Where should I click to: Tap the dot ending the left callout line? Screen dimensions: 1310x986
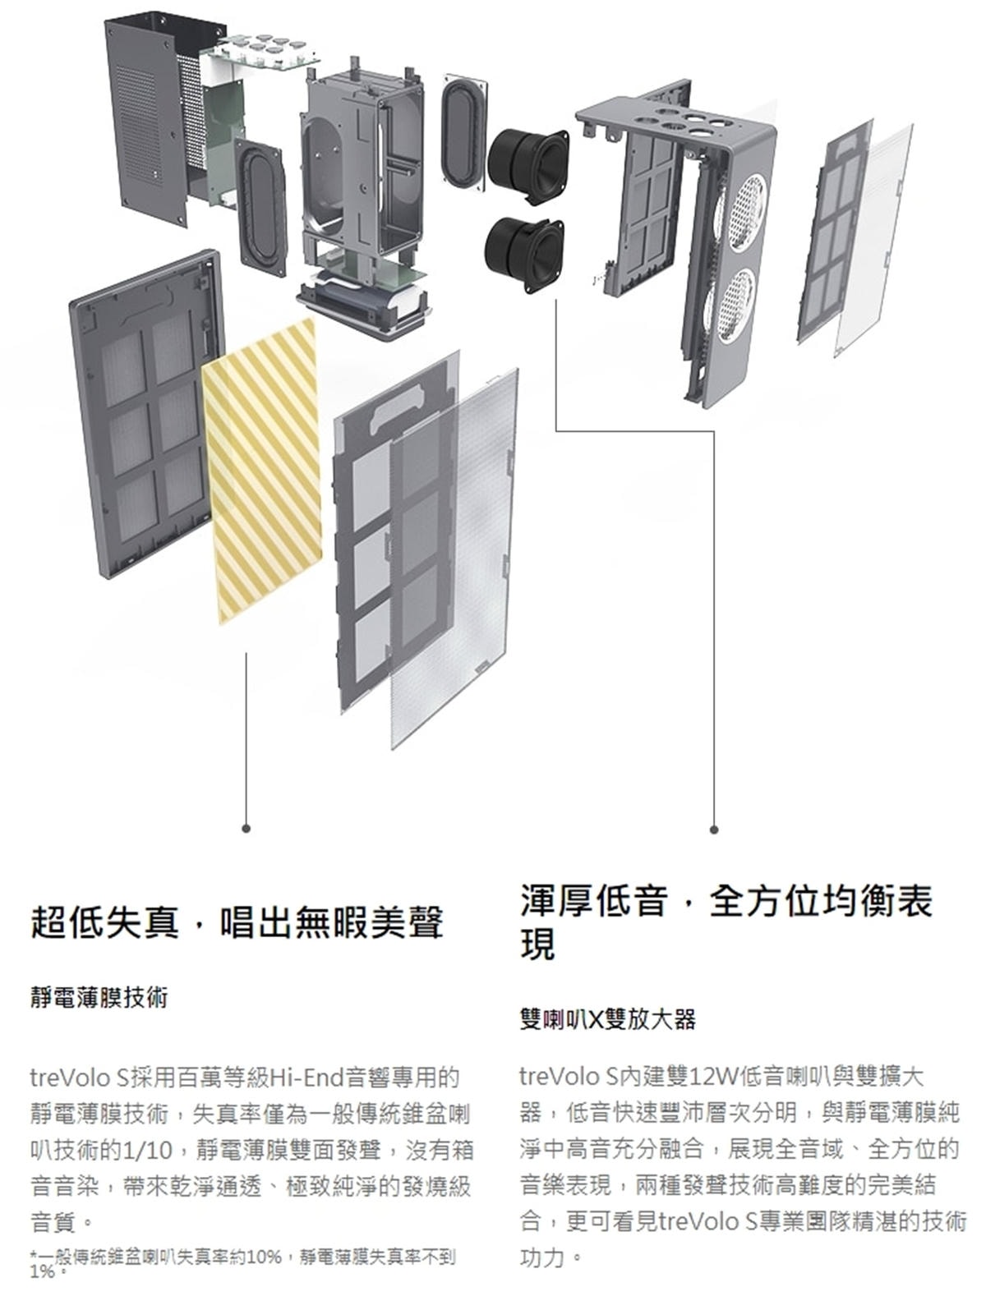[246, 828]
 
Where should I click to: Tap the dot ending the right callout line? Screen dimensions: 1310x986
[713, 830]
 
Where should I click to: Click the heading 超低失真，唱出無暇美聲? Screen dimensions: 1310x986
[237, 922]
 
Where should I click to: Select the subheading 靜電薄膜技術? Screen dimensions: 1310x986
[99, 998]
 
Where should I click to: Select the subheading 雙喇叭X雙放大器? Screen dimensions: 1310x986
[607, 1019]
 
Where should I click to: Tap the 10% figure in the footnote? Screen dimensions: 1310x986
[264, 1257]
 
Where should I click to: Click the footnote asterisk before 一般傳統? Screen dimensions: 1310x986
[32, 1254]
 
